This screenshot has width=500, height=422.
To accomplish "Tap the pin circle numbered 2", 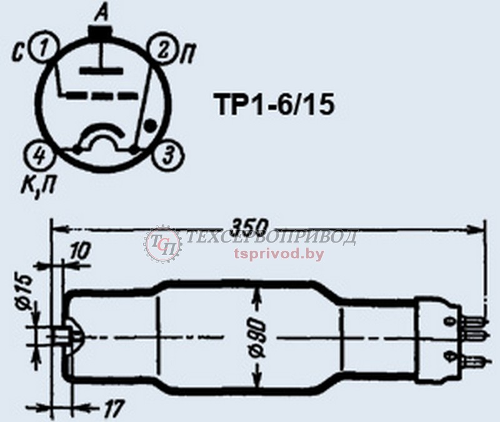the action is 162,51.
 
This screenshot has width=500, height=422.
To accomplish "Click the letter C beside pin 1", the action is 17,54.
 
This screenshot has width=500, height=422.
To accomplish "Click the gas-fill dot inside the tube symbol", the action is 150,126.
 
